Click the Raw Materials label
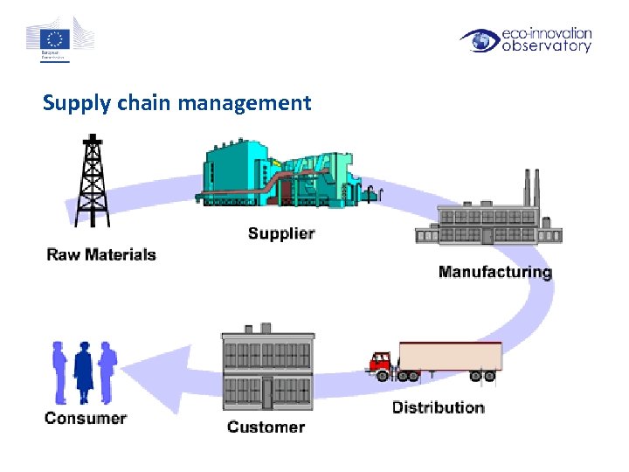click(x=100, y=254)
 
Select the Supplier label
click(x=280, y=233)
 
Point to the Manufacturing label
click(x=494, y=272)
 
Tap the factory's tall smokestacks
click(x=530, y=188)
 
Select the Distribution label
click(x=438, y=407)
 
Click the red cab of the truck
click(x=381, y=363)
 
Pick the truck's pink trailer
click(x=450, y=356)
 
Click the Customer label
click(x=266, y=427)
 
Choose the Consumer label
click(x=86, y=418)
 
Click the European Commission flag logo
click(x=58, y=38)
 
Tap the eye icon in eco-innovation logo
click(x=480, y=40)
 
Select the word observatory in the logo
click(x=546, y=46)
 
